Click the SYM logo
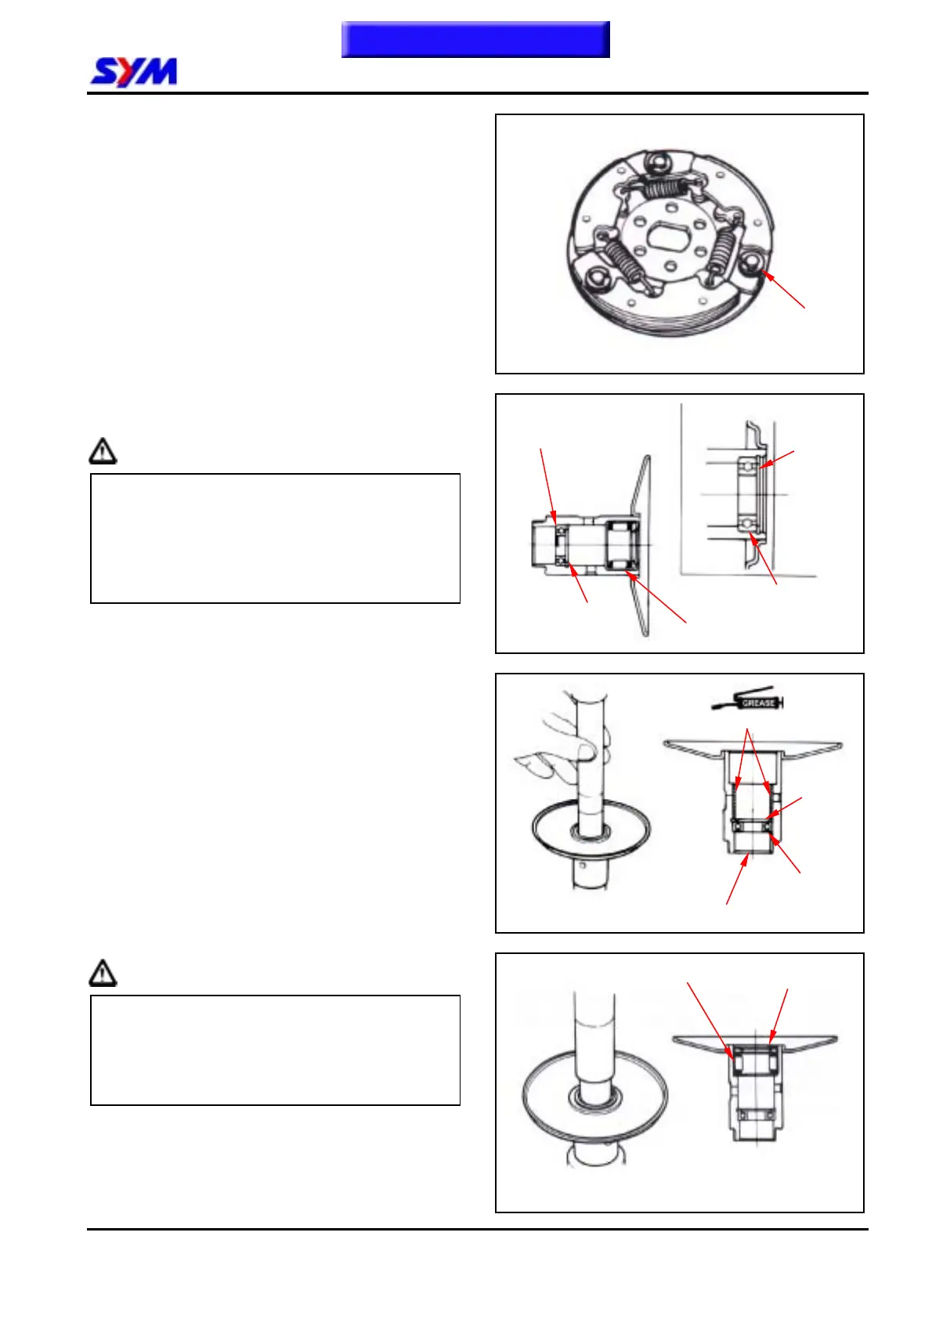[134, 72]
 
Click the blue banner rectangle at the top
[475, 39]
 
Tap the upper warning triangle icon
[103, 452]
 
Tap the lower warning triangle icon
[103, 974]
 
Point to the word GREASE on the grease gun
[758, 703]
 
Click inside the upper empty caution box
[275, 538]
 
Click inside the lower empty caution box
[275, 1050]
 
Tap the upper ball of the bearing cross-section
[748, 464]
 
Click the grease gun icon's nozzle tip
[714, 707]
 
